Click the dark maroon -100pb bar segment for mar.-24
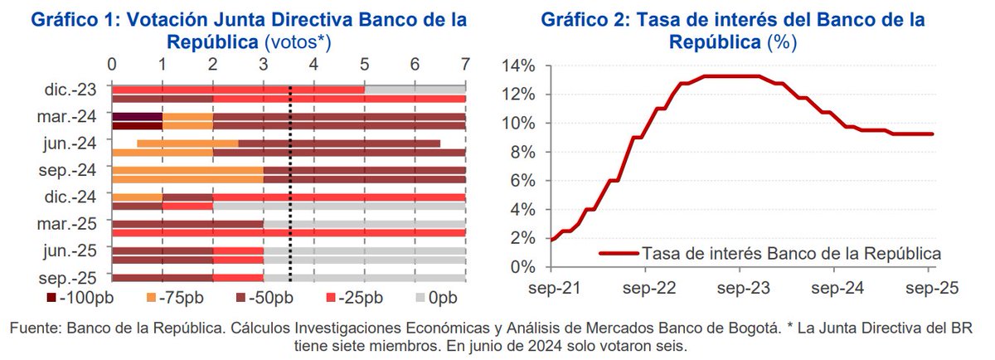[x=137, y=119]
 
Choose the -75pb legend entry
[x=178, y=297]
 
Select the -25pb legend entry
[x=352, y=297]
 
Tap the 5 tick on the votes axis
[x=364, y=64]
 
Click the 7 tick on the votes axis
[x=465, y=64]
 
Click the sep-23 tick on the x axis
[x=740, y=288]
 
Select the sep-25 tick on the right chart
[x=930, y=288]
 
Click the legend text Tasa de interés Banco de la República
[x=791, y=252]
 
